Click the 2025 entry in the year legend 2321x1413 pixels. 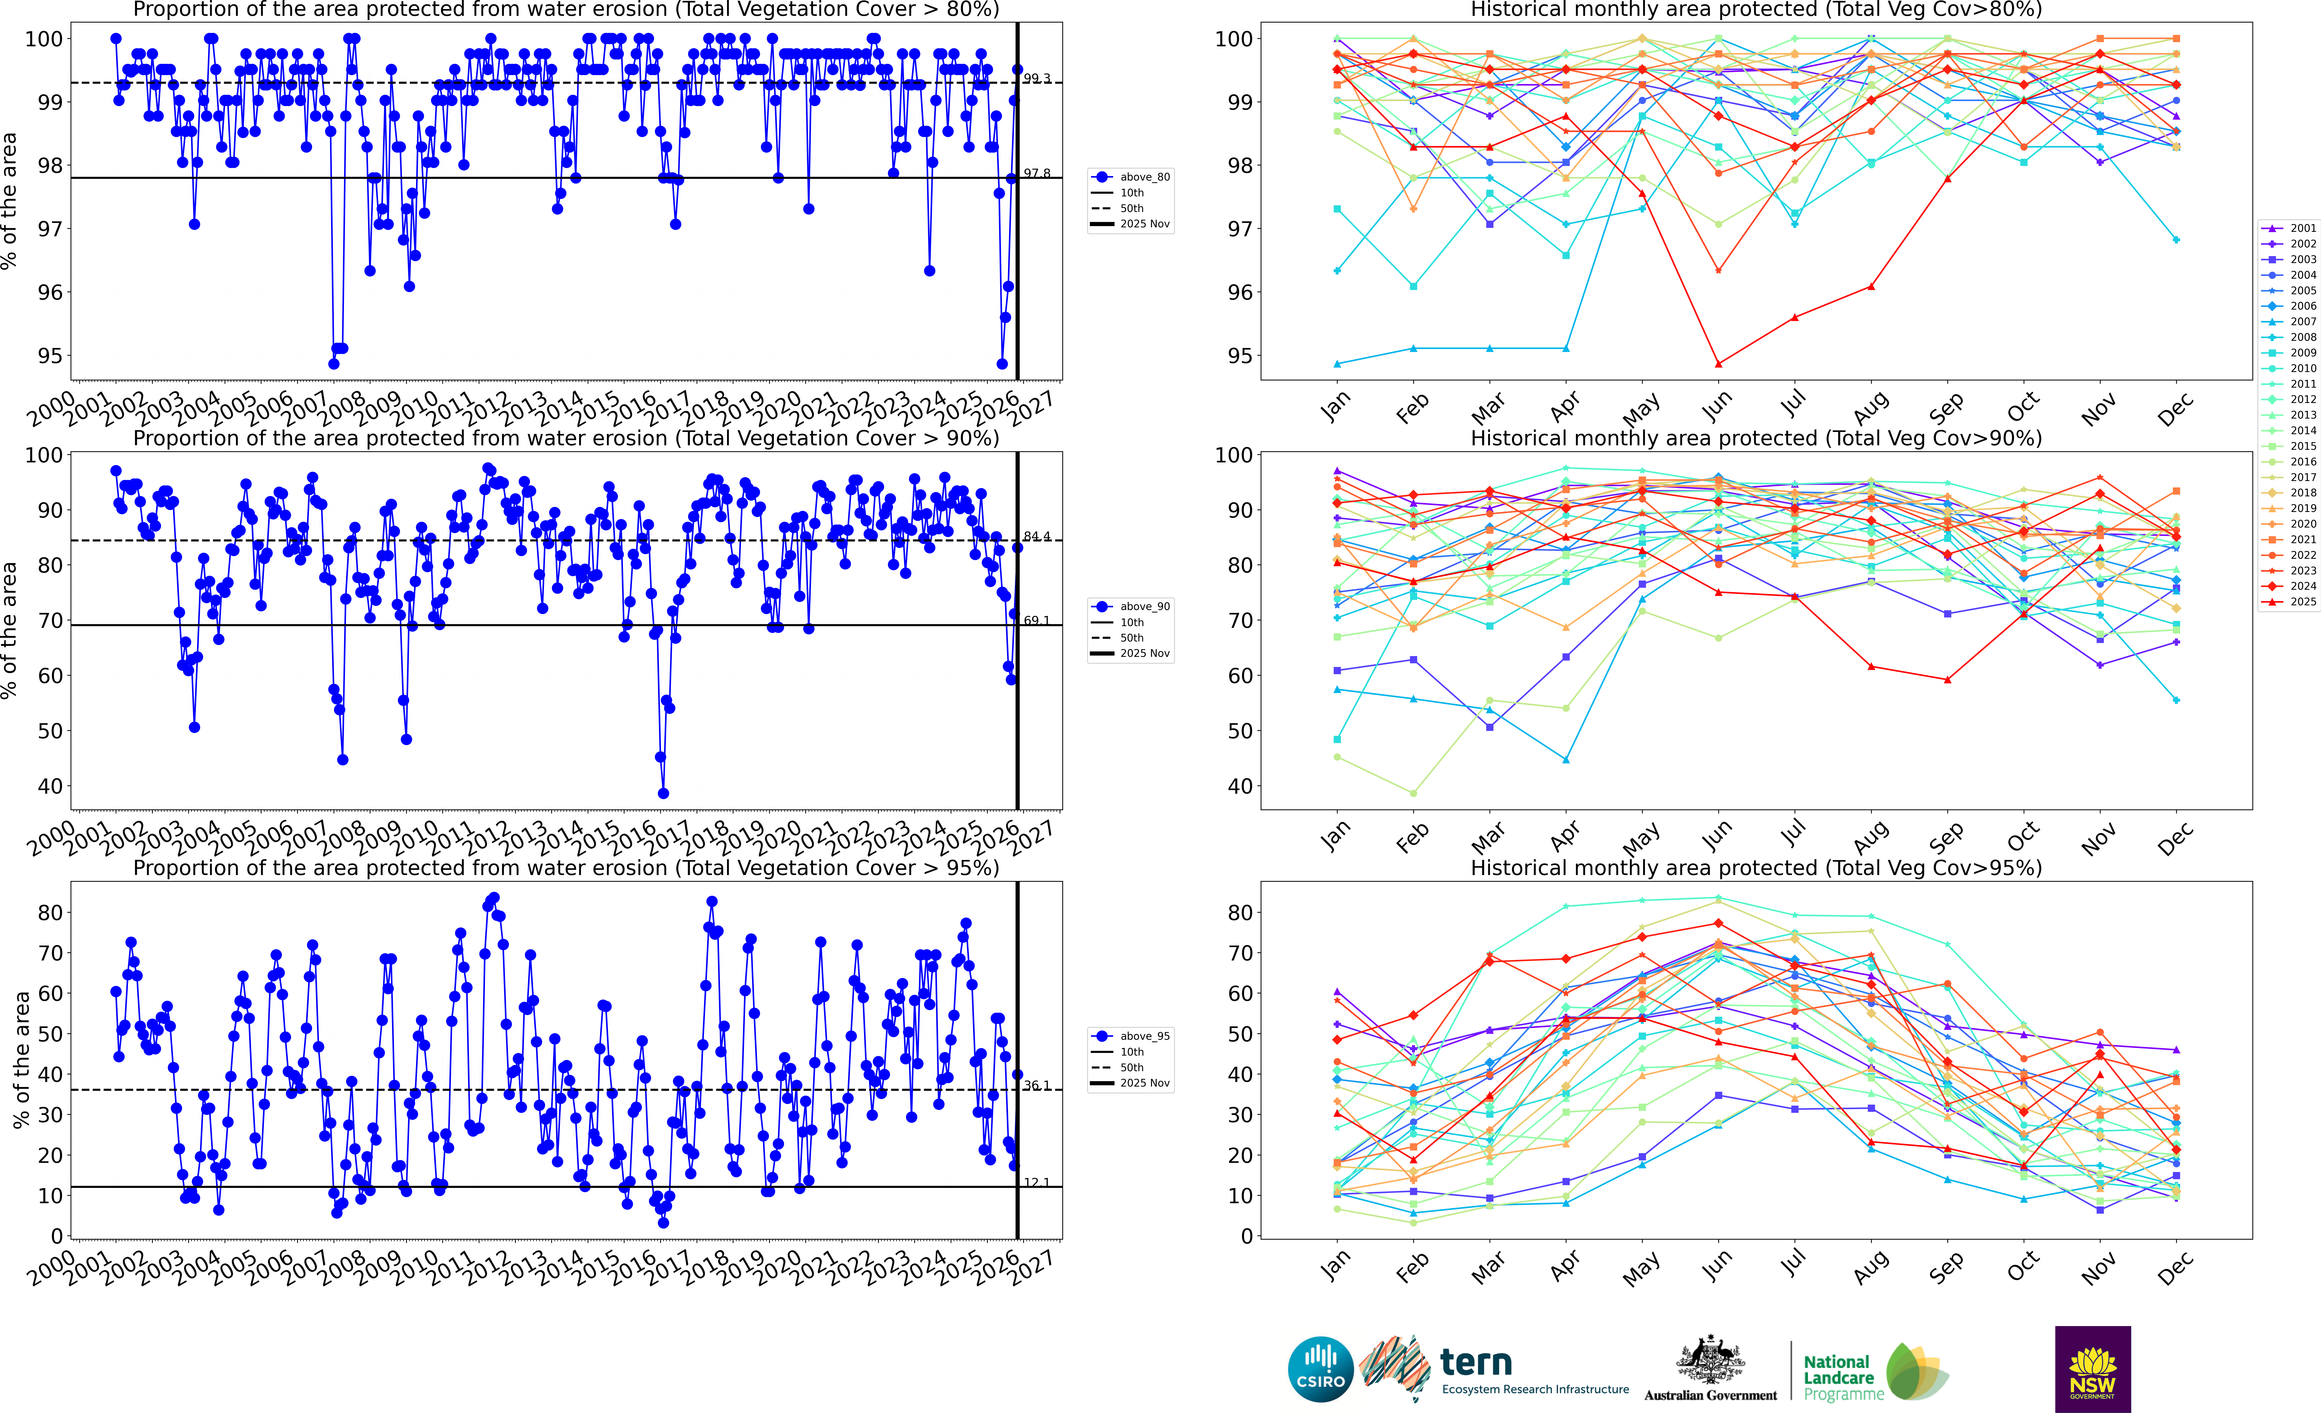point(2302,601)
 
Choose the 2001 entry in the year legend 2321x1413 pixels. point(2302,228)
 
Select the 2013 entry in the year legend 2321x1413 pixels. point(2302,414)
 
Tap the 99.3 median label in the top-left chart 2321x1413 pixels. point(1037,78)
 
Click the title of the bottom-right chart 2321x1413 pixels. point(1756,868)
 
